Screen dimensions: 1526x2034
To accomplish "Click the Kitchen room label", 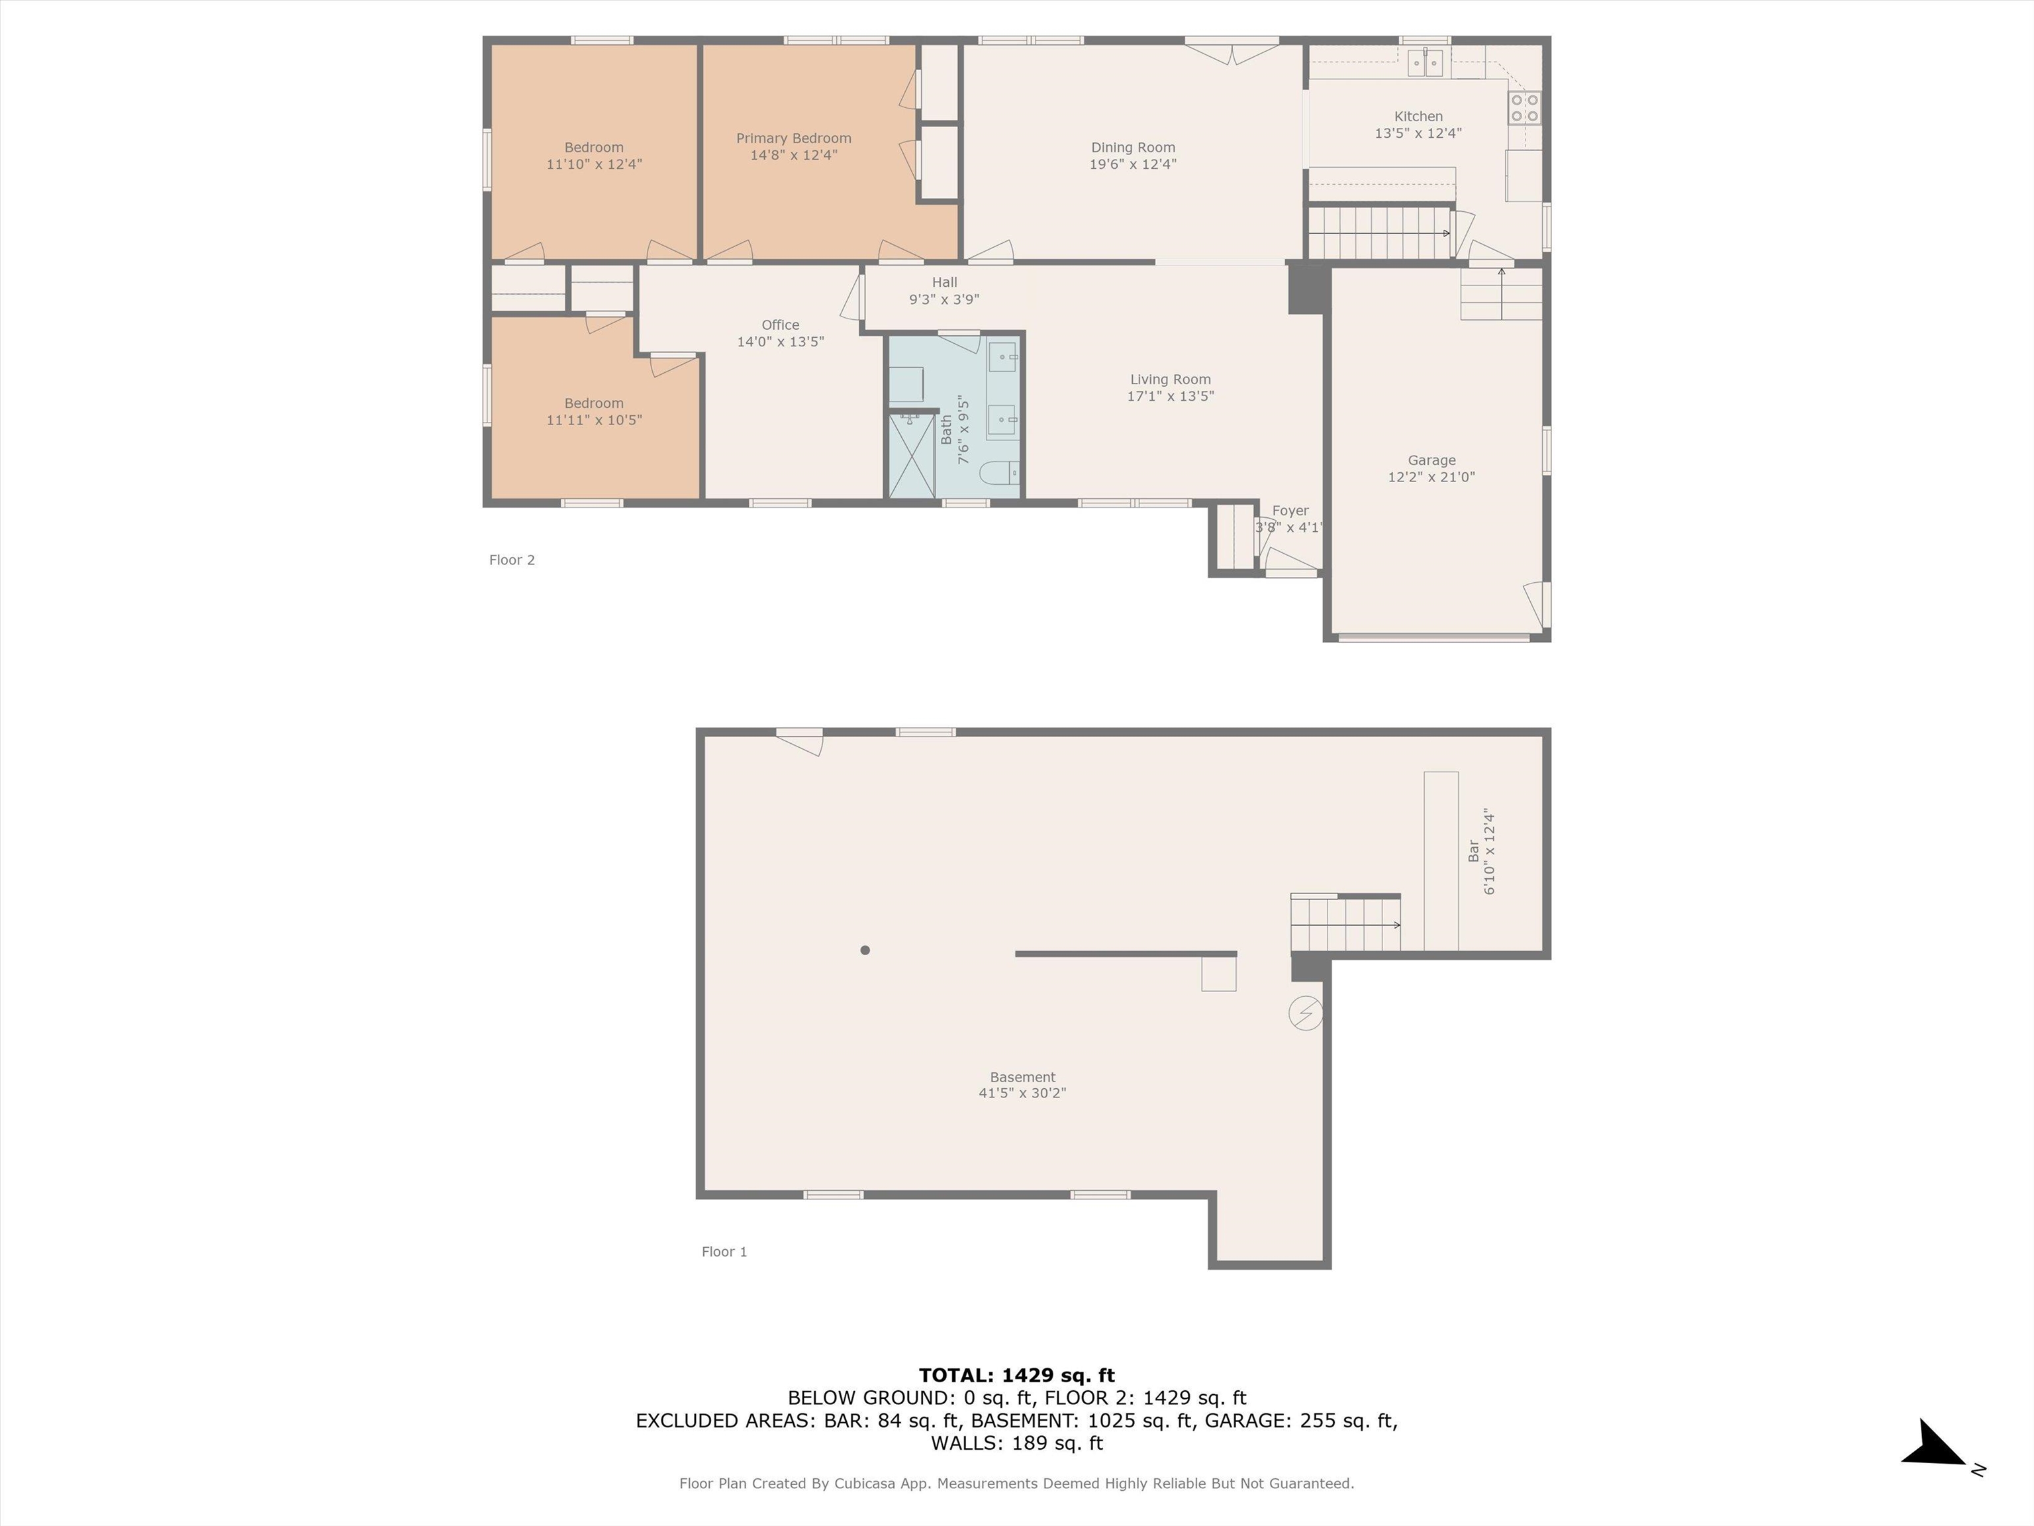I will [1418, 117].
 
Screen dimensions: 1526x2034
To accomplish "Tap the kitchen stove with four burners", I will [1524, 107].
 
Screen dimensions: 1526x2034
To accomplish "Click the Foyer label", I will [1290, 511].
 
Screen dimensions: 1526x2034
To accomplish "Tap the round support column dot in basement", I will [864, 950].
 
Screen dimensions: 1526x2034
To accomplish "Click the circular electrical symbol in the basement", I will [1305, 1013].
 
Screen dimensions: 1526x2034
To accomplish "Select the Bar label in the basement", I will [1473, 851].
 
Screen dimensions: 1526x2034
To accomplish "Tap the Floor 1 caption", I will [724, 1252].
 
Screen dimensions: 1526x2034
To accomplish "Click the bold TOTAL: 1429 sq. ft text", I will [1016, 1375].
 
